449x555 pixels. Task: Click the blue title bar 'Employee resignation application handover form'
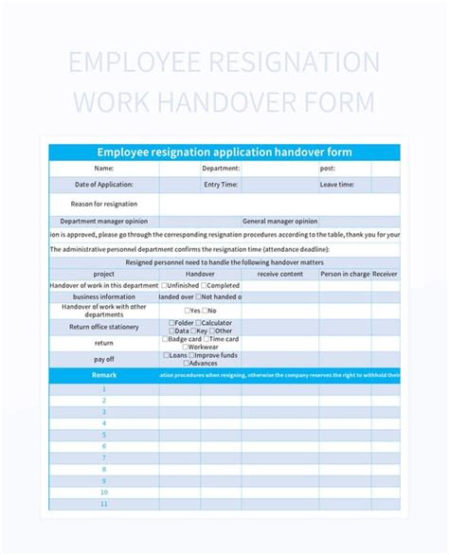tap(224, 152)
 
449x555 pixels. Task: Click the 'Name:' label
tap(104, 169)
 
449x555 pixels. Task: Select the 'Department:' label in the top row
tap(221, 169)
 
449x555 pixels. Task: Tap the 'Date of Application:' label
tap(104, 185)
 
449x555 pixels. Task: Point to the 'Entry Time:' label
tap(221, 185)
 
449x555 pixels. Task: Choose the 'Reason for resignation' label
tap(104, 204)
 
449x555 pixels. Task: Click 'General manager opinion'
tap(280, 221)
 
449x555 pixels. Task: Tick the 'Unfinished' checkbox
tap(164, 285)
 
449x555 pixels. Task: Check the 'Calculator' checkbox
tap(199, 322)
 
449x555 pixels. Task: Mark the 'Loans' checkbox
tap(167, 356)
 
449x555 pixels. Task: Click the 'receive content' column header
tap(280, 274)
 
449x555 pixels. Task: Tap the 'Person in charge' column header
tap(344, 274)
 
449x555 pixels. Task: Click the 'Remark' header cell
tap(104, 376)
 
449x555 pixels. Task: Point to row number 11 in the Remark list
tap(104, 504)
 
